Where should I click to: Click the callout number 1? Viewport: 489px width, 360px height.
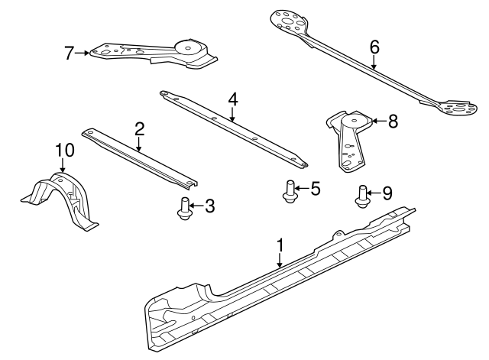[x=280, y=245]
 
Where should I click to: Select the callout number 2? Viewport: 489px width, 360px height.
[x=139, y=129]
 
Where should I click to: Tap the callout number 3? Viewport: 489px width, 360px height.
[x=209, y=206]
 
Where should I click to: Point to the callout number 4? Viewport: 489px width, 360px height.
[x=233, y=100]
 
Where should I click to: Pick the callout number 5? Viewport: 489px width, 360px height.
[x=316, y=189]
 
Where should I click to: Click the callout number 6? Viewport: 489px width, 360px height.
[x=374, y=47]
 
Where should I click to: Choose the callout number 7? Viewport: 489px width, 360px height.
[x=70, y=53]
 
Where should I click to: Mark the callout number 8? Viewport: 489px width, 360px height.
[x=393, y=121]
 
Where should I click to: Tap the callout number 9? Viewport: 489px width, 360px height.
[x=387, y=193]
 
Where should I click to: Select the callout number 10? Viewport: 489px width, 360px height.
[x=65, y=150]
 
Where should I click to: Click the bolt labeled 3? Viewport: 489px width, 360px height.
[x=184, y=209]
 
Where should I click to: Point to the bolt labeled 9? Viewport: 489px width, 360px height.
[x=362, y=196]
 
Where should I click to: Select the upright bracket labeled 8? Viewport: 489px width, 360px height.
[x=349, y=141]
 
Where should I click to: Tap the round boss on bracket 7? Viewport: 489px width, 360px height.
[x=188, y=48]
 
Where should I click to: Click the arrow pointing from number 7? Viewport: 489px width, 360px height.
[x=82, y=53]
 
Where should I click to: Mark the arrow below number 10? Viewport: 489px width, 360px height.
[x=63, y=165]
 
